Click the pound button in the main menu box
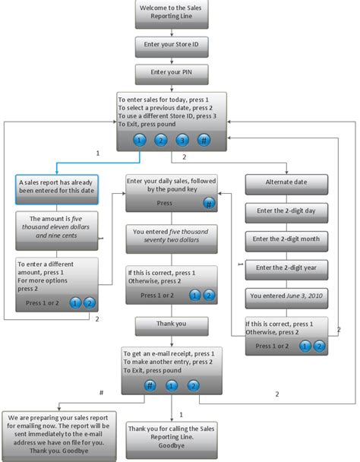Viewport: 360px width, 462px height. click(204, 140)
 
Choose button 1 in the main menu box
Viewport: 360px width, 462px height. click(139, 140)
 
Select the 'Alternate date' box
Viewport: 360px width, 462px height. click(286, 183)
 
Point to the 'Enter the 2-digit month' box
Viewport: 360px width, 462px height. click(286, 239)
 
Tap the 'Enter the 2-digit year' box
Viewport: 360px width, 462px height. click(286, 267)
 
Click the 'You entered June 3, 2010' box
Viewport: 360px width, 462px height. click(286, 295)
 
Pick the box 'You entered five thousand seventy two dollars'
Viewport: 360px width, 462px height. click(172, 236)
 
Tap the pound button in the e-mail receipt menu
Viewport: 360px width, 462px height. click(150, 385)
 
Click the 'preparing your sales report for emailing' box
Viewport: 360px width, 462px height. click(58, 433)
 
